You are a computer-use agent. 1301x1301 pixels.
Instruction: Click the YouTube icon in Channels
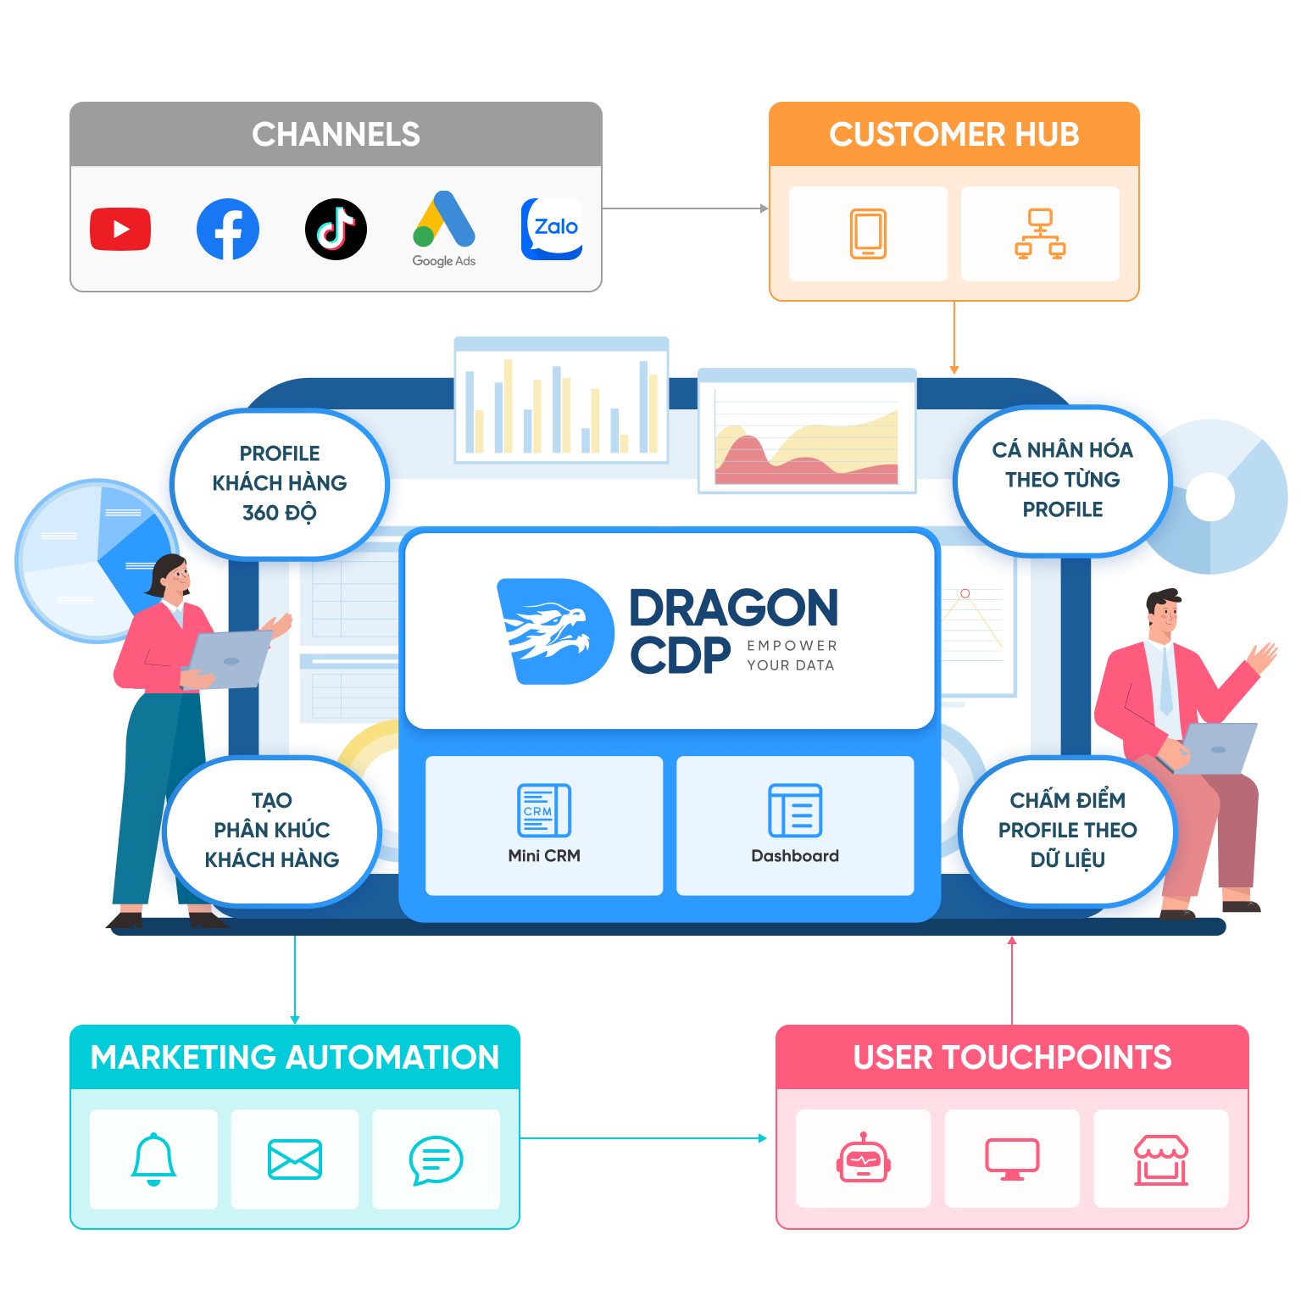click(x=120, y=229)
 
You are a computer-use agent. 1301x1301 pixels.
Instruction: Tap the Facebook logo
click(x=228, y=229)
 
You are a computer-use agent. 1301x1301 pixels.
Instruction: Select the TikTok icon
click(x=336, y=229)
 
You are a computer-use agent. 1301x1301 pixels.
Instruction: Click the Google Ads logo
click(x=444, y=222)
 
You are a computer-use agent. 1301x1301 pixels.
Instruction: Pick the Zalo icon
click(x=552, y=229)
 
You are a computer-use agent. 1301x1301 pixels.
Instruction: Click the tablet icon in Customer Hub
click(x=868, y=233)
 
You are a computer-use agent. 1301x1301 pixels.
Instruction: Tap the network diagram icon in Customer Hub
click(x=1040, y=233)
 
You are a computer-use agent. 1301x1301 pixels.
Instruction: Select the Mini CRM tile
click(x=544, y=825)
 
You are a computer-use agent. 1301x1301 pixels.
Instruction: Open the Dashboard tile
click(x=795, y=825)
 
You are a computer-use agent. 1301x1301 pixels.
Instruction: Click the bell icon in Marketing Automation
click(x=153, y=1159)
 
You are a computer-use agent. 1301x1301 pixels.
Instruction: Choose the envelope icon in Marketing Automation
click(x=294, y=1159)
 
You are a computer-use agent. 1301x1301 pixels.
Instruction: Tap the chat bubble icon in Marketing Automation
click(x=436, y=1159)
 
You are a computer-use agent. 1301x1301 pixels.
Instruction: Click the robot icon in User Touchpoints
click(x=863, y=1159)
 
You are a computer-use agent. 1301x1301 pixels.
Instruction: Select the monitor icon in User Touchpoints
click(x=1012, y=1159)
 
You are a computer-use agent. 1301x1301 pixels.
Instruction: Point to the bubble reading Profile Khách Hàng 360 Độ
click(x=280, y=483)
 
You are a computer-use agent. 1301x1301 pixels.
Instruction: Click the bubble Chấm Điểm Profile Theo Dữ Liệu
click(x=1067, y=830)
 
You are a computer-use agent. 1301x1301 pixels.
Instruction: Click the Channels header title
click(x=336, y=135)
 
